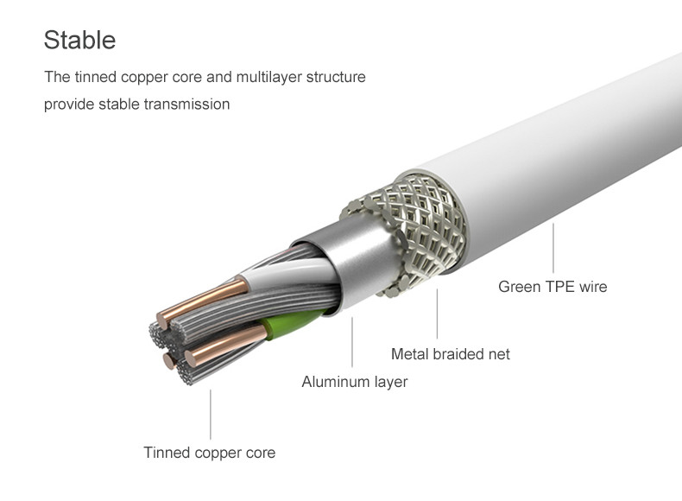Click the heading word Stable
79,40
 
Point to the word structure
336,77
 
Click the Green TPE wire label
553,287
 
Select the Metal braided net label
450,354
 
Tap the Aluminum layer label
355,382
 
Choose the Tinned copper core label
209,453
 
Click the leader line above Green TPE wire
553,248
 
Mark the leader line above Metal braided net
437,314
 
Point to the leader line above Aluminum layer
352,342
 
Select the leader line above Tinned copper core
211,415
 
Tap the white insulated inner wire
287,273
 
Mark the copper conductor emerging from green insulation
225,344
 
